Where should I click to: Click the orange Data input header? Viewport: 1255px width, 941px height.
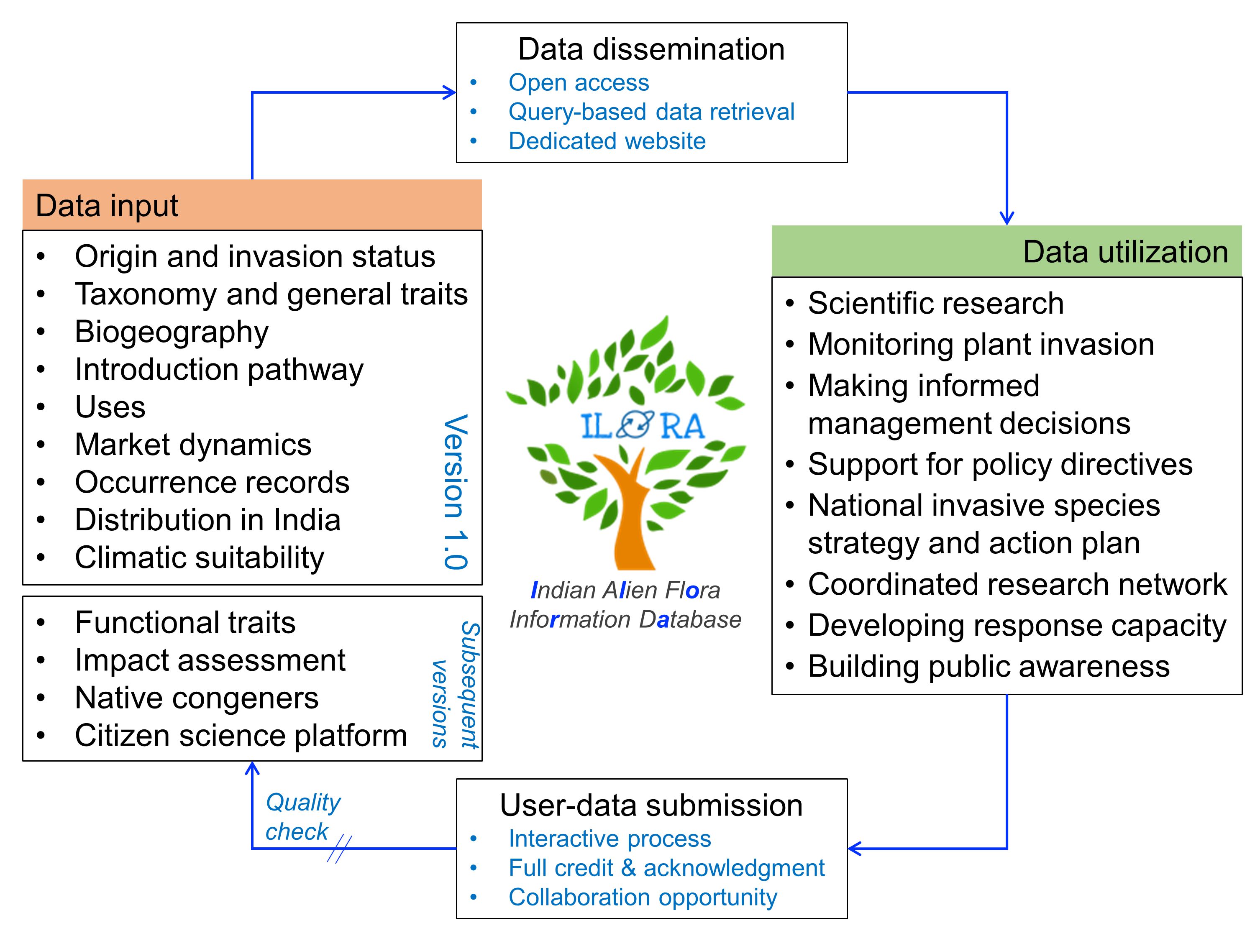click(x=252, y=205)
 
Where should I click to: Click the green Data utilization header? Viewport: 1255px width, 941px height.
click(x=1006, y=251)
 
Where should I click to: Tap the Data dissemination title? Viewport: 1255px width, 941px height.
click(x=651, y=49)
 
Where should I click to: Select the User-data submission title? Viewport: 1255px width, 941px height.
click(x=651, y=805)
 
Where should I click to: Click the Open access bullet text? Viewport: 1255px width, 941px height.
click(x=578, y=83)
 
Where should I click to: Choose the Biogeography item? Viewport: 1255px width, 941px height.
click(x=172, y=332)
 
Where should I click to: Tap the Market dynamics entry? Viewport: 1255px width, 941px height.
click(x=193, y=445)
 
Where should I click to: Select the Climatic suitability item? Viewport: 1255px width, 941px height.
click(x=199, y=557)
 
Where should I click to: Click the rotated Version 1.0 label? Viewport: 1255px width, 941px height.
click(x=456, y=491)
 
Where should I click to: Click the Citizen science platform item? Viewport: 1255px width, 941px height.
click(x=241, y=736)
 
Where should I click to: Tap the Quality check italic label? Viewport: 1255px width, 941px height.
click(x=302, y=817)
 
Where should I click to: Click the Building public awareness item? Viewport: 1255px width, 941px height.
click(x=989, y=666)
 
